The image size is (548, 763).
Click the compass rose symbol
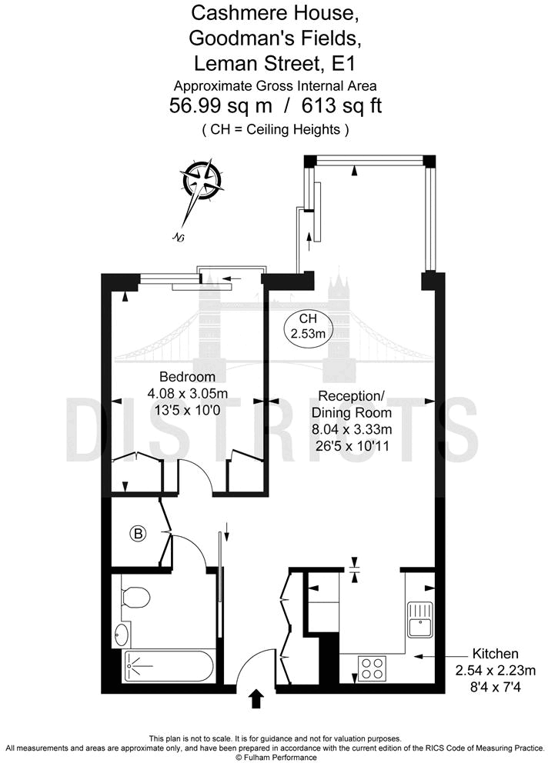204,181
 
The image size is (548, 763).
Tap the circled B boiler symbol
138,534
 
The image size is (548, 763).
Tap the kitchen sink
422,620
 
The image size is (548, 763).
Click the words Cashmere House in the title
273,12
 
